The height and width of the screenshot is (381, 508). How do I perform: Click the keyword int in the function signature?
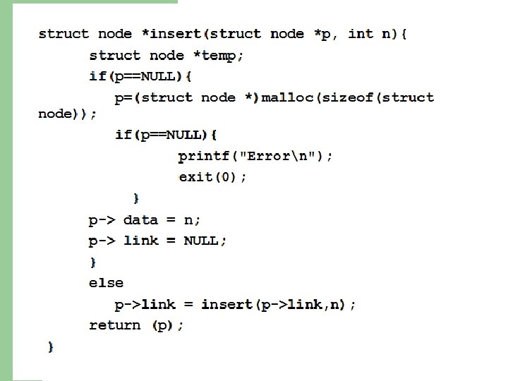tap(361, 34)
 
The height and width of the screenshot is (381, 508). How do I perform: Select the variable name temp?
tap(219, 55)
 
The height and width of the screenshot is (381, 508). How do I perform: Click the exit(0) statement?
tap(212, 177)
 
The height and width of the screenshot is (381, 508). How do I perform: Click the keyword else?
tap(106, 283)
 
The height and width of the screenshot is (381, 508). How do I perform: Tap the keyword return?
tap(114, 325)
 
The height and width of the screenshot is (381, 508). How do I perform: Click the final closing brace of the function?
tap(51, 346)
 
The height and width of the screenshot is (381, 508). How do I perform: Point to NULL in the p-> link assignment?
tap(202, 241)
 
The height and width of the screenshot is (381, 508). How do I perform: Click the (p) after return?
tap(164, 325)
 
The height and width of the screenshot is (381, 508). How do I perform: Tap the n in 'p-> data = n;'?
tap(188, 220)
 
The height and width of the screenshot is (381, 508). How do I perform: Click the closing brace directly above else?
tap(92, 262)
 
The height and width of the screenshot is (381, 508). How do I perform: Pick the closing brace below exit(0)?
tap(136, 198)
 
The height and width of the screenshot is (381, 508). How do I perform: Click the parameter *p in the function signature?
tap(324, 34)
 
